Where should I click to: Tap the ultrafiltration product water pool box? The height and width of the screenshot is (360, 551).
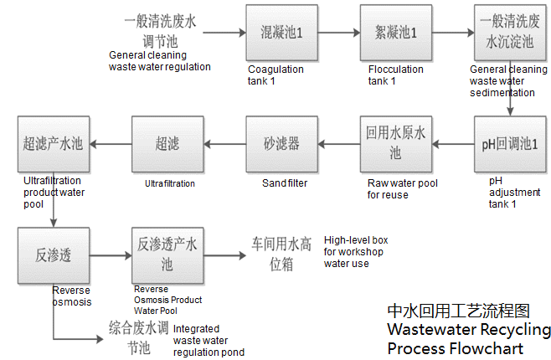53,145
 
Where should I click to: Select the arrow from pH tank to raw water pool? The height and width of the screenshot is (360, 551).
449,145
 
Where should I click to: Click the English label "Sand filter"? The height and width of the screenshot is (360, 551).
285,183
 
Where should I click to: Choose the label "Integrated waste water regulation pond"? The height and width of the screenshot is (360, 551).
209,340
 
